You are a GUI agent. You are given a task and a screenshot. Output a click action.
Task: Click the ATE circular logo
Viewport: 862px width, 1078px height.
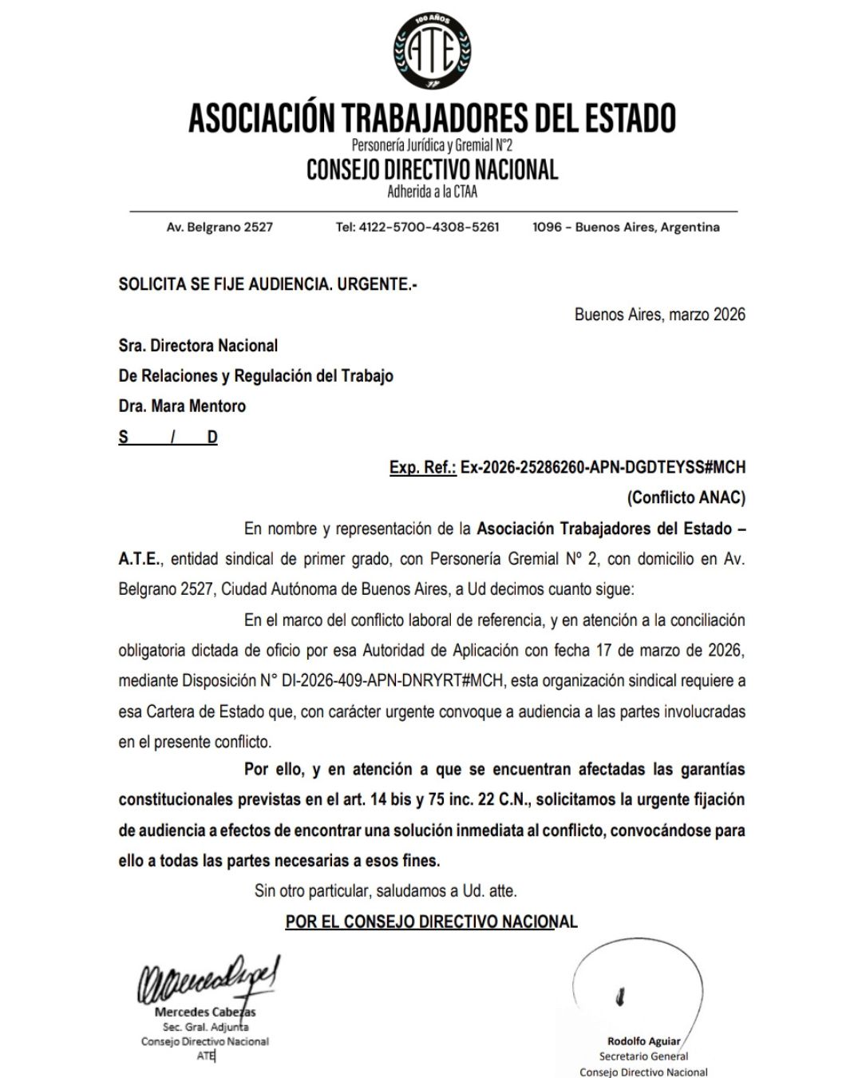432,52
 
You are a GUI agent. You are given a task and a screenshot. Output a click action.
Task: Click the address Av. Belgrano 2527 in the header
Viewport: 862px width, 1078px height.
219,227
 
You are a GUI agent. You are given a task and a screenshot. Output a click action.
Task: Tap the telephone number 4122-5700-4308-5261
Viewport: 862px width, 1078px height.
430,227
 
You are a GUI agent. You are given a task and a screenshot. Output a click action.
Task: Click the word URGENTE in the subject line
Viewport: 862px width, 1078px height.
370,283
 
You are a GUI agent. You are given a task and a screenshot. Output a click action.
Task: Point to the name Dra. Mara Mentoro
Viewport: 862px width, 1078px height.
182,406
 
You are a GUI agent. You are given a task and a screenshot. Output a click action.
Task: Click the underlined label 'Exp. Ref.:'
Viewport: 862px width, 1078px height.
422,467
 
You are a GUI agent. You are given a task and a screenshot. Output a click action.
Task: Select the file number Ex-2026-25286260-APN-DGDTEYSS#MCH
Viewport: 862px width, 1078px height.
603,467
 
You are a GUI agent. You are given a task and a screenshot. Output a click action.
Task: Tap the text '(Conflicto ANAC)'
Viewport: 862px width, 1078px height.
686,497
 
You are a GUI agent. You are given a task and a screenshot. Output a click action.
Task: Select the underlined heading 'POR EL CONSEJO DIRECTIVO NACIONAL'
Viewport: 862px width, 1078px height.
431,921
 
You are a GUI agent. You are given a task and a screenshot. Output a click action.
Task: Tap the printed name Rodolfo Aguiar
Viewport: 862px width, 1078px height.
643,1040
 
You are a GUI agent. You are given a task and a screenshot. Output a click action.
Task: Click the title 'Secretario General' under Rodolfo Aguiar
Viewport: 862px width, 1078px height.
643,1056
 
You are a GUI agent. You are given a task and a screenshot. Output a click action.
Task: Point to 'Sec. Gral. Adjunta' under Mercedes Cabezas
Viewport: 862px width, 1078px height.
205,1027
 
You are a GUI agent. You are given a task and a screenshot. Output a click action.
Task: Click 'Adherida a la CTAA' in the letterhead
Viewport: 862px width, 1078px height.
432,192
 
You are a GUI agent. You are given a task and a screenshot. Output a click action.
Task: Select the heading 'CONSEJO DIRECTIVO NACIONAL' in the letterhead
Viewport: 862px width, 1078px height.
432,169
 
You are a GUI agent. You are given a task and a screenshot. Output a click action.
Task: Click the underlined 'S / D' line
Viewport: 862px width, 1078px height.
168,437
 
